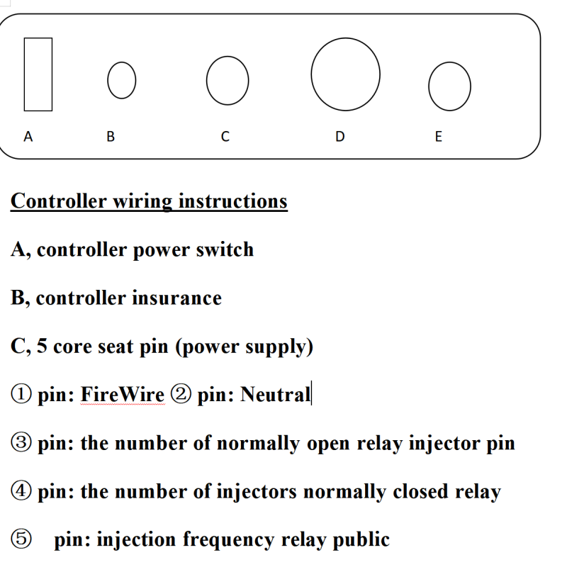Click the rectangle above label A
(x=38, y=74)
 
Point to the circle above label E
(x=449, y=86)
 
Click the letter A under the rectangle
(x=28, y=136)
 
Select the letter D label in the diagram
(x=339, y=136)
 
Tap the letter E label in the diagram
(x=437, y=136)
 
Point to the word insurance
(x=176, y=298)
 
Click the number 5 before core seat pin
(x=41, y=347)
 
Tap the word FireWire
(x=122, y=394)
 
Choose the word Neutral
(x=275, y=394)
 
